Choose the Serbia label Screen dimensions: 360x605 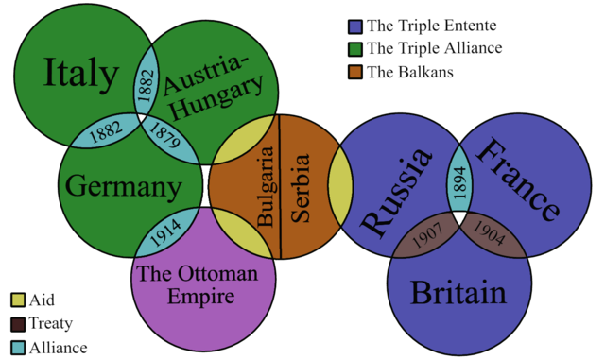pos(300,186)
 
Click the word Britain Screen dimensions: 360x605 pos(458,293)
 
